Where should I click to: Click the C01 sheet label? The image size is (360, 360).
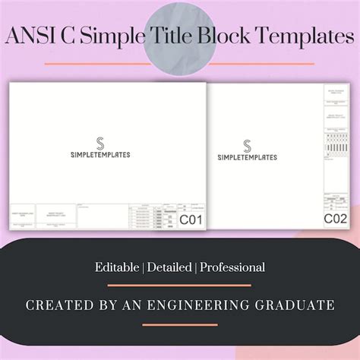pos(190,220)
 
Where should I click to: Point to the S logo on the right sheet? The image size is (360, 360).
pos(248,145)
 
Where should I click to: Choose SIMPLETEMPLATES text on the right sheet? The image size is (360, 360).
pos(248,157)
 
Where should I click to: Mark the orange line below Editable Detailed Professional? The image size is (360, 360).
pos(179,286)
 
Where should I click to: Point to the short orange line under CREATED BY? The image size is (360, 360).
pos(179,324)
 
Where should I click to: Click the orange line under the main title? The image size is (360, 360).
pos(179,64)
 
